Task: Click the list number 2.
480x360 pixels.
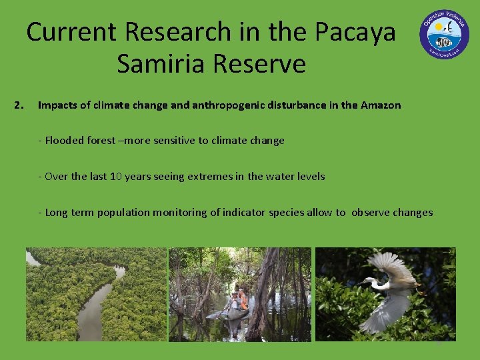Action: click(x=19, y=105)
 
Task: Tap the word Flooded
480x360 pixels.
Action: click(x=65, y=141)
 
